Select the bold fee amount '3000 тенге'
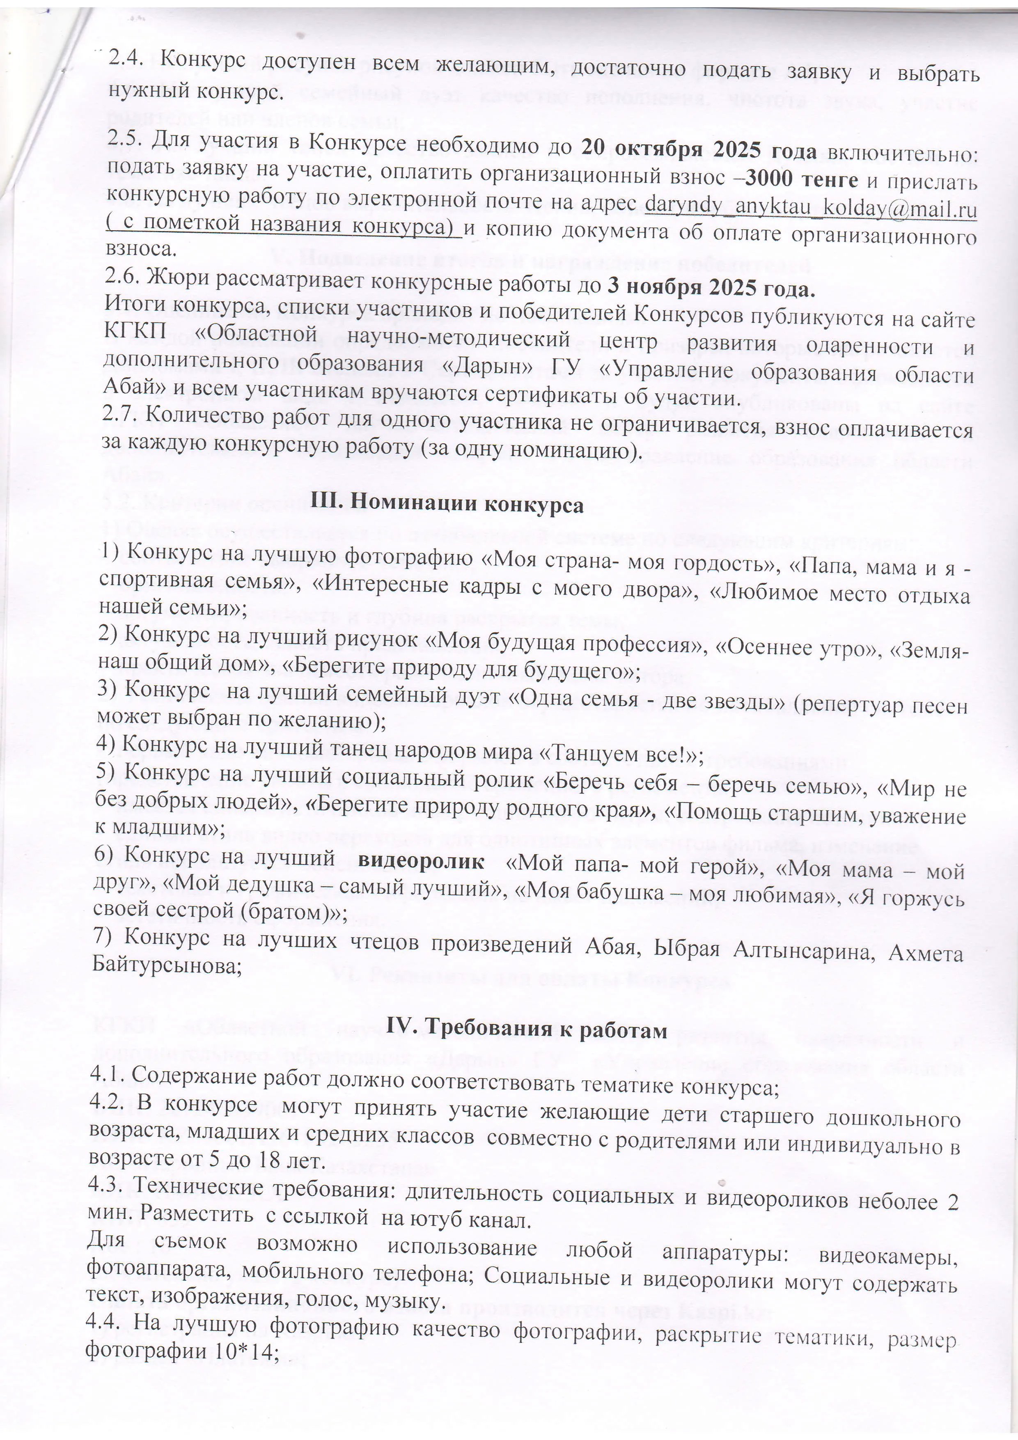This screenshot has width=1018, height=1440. click(x=801, y=179)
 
